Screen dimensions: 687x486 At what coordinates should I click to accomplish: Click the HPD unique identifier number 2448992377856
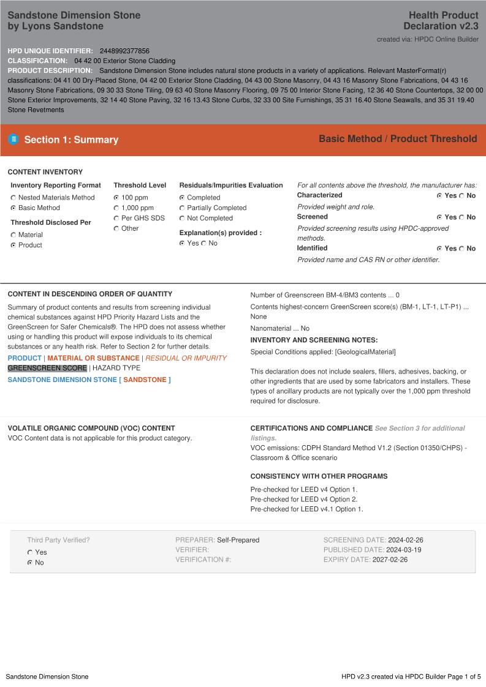pyautogui.click(x=124, y=51)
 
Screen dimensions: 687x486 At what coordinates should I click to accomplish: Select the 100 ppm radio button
pyautogui.click(x=116, y=198)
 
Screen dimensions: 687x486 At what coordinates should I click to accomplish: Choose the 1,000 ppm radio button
pyautogui.click(x=116, y=208)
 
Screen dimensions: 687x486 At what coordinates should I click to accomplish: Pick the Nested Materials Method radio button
pyautogui.click(x=13, y=198)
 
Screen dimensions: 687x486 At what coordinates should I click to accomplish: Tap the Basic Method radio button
pyautogui.click(x=13, y=208)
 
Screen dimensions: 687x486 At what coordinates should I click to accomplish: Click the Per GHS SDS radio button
pyautogui.click(x=116, y=219)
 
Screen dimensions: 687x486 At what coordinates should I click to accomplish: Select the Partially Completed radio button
pyautogui.click(x=182, y=208)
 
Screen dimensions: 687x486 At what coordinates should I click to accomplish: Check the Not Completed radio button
pyautogui.click(x=182, y=219)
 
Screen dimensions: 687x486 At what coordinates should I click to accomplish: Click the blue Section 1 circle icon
pyautogui.click(x=13, y=140)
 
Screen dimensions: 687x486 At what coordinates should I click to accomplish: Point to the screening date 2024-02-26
pyautogui.click(x=406, y=540)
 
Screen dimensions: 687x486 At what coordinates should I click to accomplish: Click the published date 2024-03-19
pyautogui.click(x=403, y=550)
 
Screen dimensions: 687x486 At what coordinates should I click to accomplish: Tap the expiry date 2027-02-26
pyautogui.click(x=390, y=560)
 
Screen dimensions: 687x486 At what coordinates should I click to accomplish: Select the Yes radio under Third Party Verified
pyautogui.click(x=30, y=552)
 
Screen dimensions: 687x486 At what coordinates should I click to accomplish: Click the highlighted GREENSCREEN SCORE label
pyautogui.click(x=47, y=368)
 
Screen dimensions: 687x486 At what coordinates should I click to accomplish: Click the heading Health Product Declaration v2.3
pyautogui.click(x=441, y=20)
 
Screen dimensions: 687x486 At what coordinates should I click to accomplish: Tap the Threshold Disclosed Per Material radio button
pyautogui.click(x=13, y=235)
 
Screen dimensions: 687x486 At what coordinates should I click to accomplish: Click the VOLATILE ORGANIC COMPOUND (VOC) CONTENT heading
pyautogui.click(x=91, y=428)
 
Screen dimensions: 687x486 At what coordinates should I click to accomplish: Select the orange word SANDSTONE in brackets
pyautogui.click(x=145, y=380)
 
